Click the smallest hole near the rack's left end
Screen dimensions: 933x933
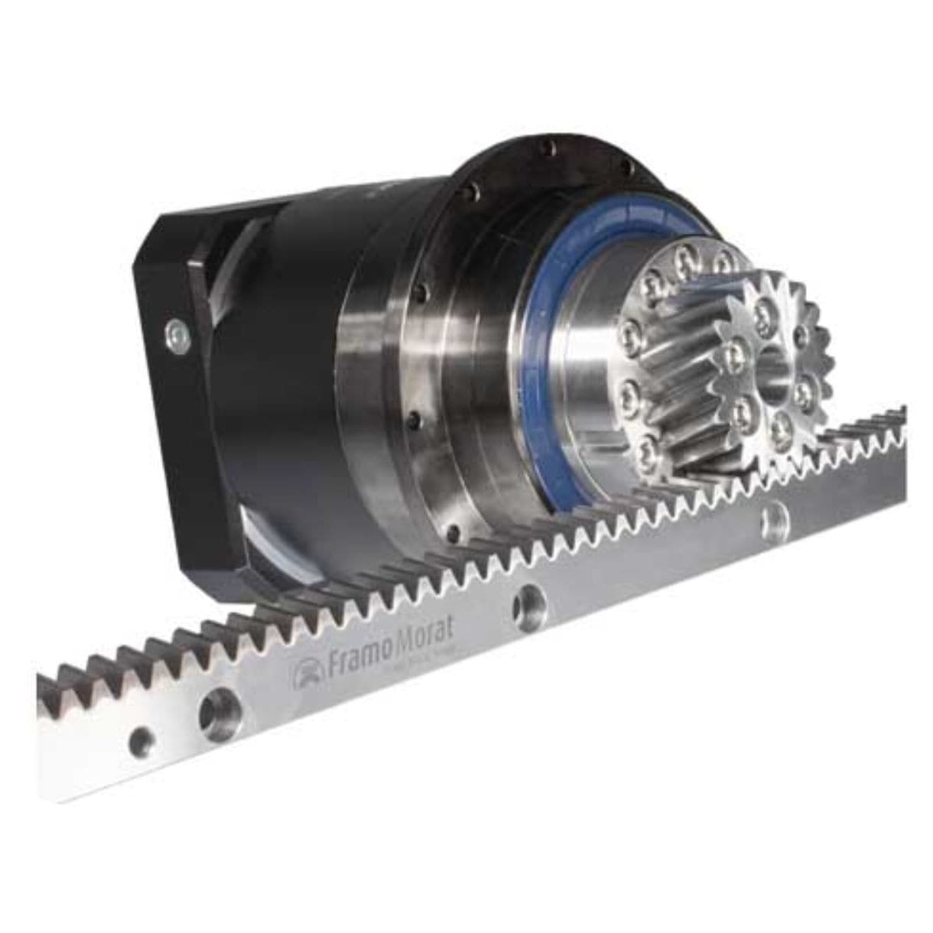141,740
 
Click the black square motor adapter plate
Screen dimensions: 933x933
187,382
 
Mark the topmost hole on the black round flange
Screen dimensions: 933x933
545,148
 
